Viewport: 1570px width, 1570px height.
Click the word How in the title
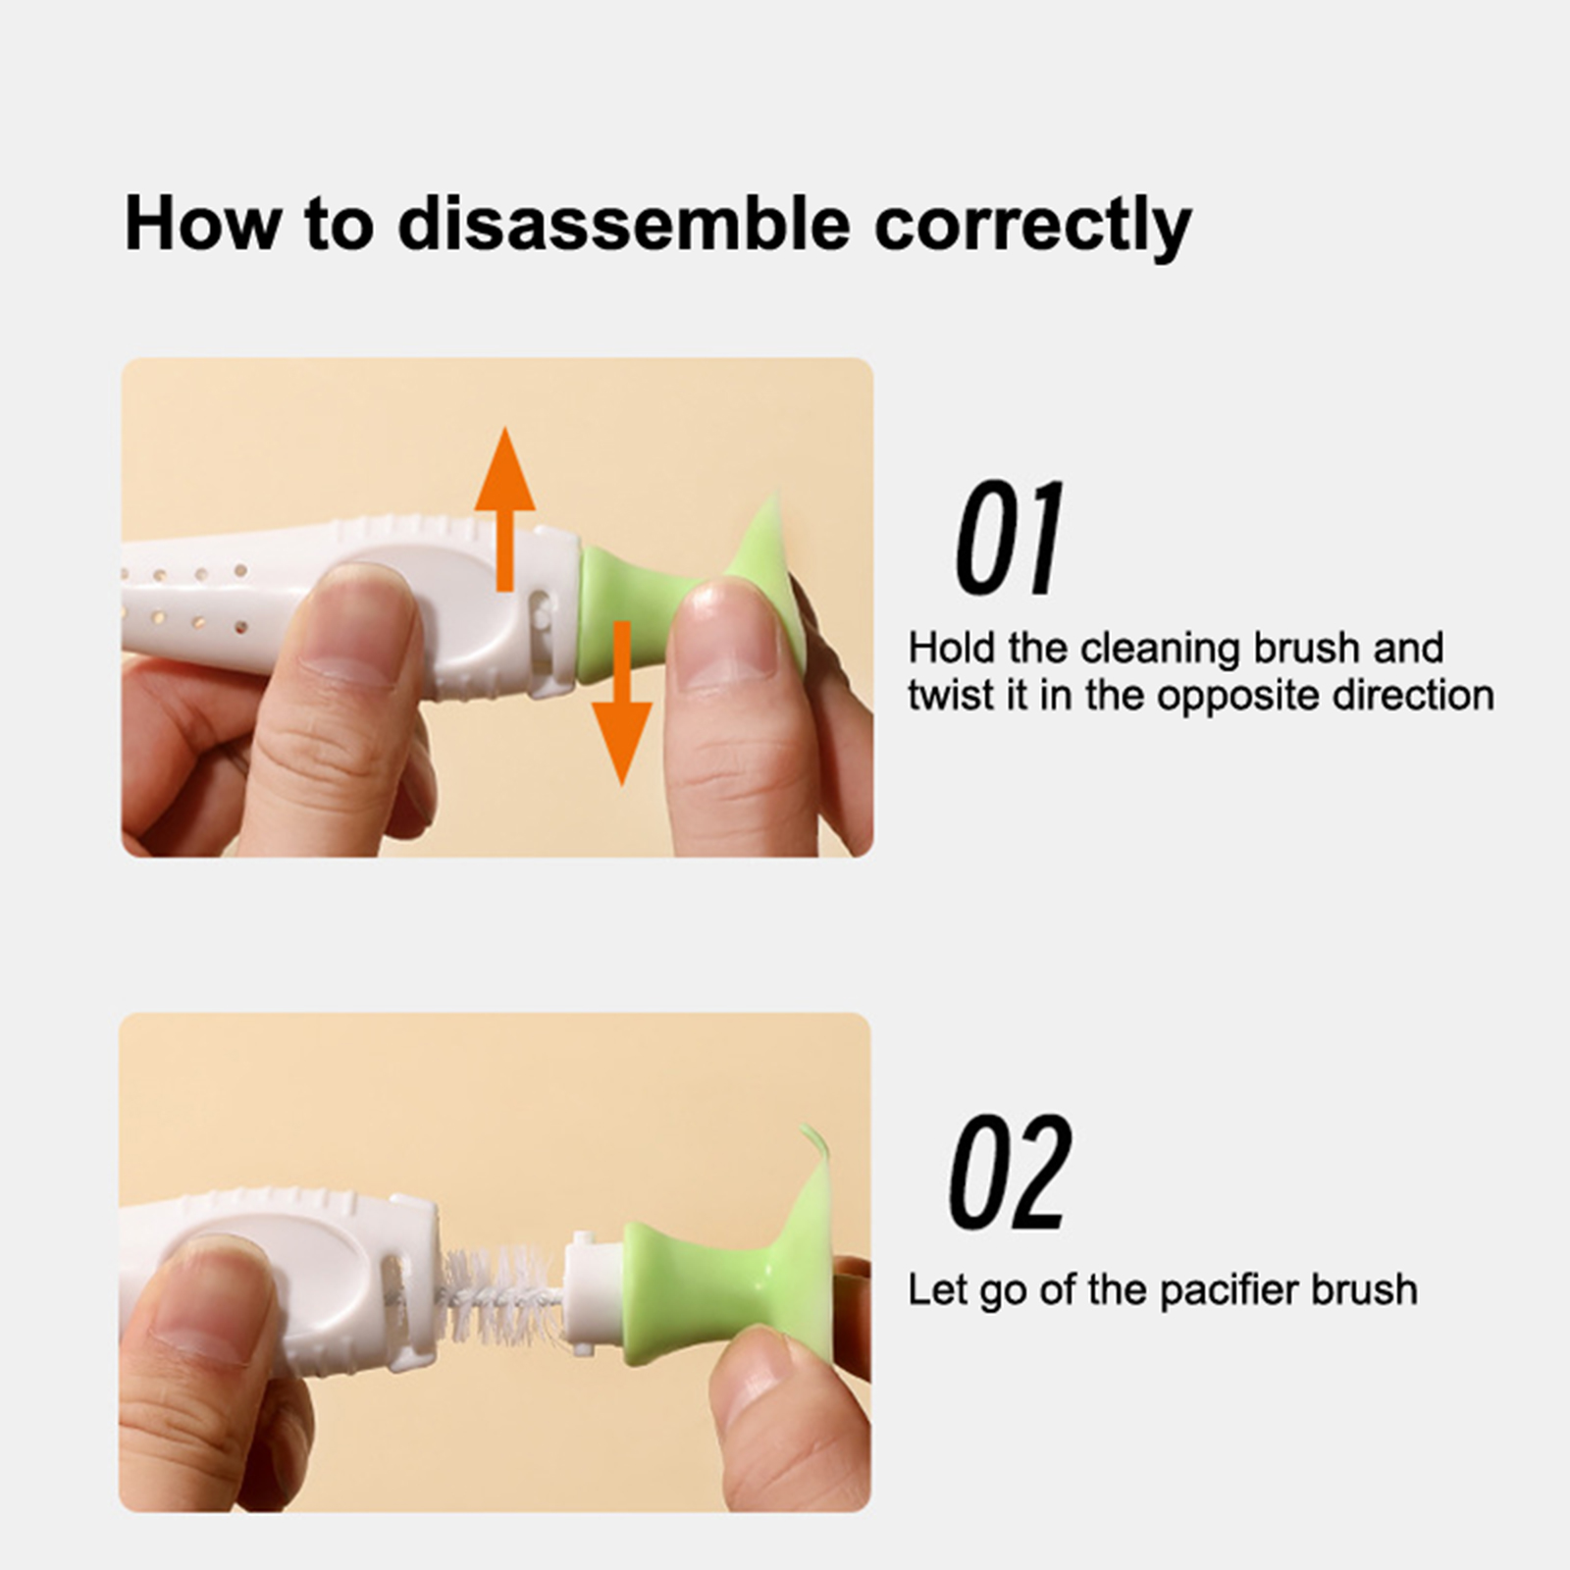pyautogui.click(x=201, y=225)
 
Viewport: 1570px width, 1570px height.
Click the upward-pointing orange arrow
pyautogui.click(x=504, y=509)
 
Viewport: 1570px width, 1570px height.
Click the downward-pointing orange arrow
pyautogui.click(x=620, y=703)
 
